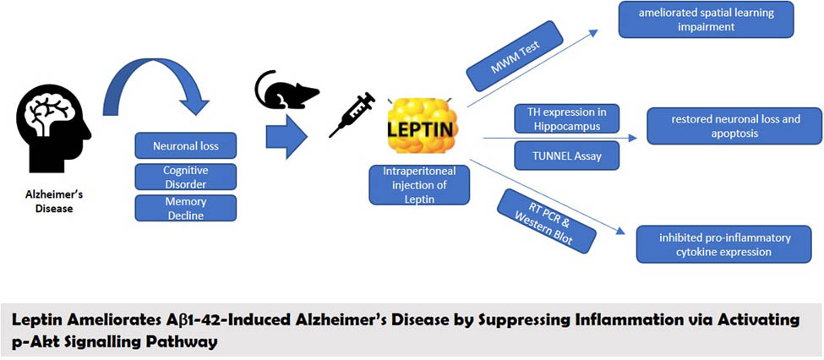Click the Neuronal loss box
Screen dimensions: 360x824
(x=185, y=145)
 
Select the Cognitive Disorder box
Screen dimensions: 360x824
(x=185, y=176)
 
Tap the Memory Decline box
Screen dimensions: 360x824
(x=185, y=207)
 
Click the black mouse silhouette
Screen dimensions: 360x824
(x=286, y=91)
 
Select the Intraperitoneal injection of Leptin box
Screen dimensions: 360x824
(x=419, y=185)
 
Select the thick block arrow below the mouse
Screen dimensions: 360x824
(x=285, y=136)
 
